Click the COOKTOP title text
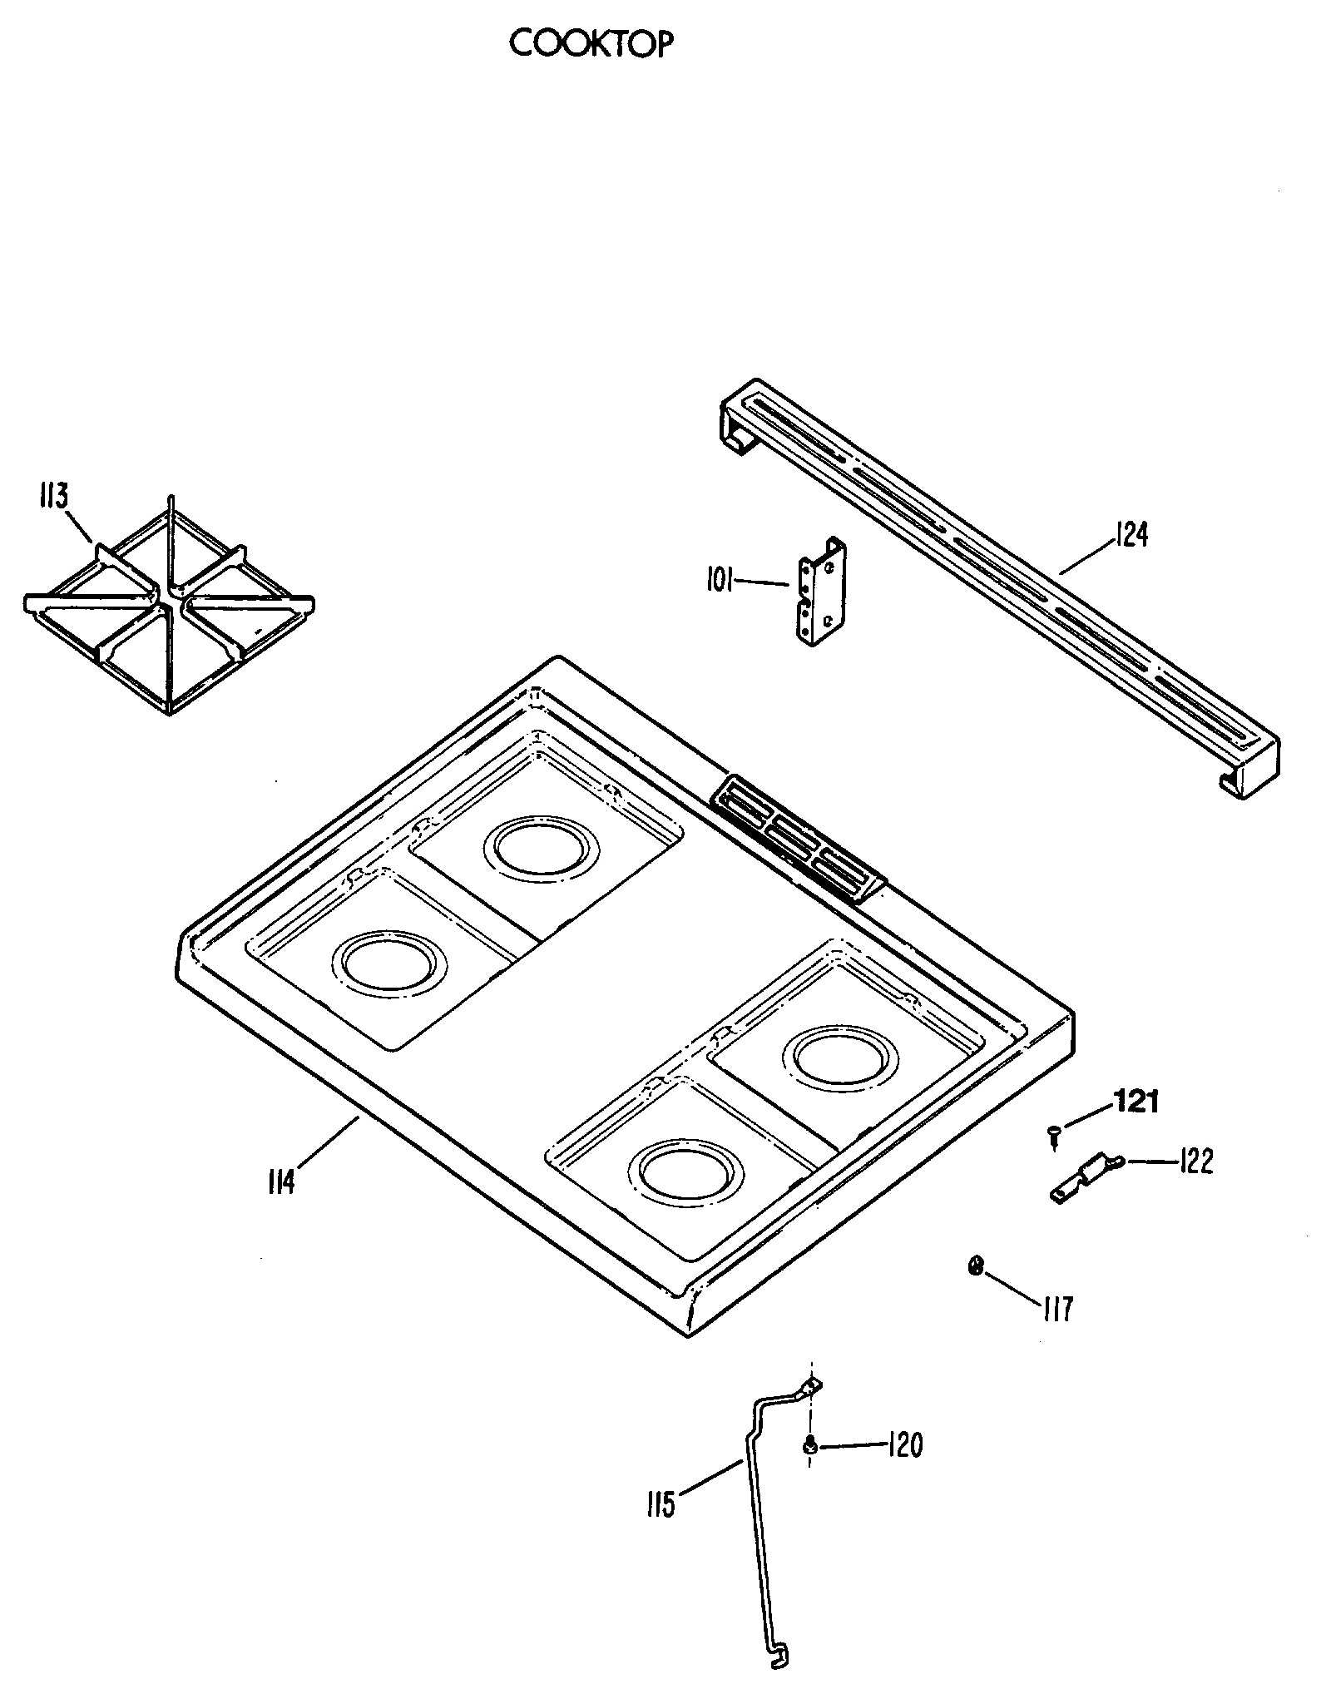coord(590,44)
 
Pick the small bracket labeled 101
coord(823,591)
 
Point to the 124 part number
coord(1131,534)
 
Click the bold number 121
coord(1136,1102)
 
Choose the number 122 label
coord(1195,1162)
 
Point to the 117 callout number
coord(1057,1308)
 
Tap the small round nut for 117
coord(976,1266)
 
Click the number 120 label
coord(905,1445)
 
